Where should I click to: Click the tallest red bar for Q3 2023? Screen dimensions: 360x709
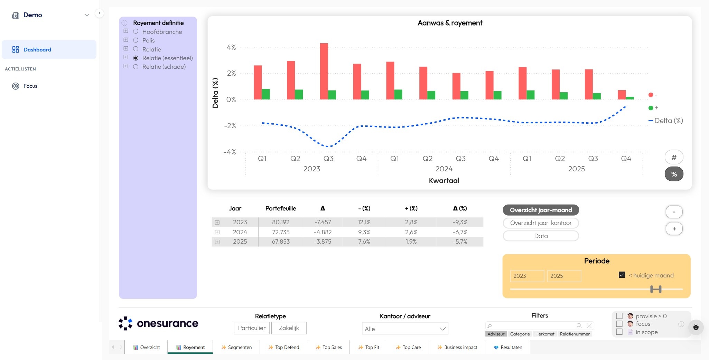[x=324, y=71]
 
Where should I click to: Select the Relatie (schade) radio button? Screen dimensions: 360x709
[x=136, y=67]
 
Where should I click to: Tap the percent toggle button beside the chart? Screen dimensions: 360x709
[x=674, y=174]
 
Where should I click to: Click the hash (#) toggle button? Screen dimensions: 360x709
[x=674, y=157]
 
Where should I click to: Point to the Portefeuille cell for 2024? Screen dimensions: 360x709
[x=280, y=232]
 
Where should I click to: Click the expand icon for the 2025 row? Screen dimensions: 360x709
[x=217, y=242]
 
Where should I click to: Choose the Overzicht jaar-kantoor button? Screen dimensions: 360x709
[x=541, y=223]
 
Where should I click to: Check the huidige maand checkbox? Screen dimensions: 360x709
[x=622, y=275]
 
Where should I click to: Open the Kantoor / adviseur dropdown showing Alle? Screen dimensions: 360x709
[x=405, y=329]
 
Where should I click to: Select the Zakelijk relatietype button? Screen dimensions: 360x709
[x=289, y=328]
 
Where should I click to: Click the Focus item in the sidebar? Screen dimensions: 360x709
[x=30, y=86]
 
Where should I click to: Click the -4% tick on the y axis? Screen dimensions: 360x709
[x=230, y=152]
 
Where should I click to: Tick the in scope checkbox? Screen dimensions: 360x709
[x=619, y=332]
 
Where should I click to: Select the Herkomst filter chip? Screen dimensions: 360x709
[x=544, y=334]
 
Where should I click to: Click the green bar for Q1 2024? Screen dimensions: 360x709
[x=398, y=94]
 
